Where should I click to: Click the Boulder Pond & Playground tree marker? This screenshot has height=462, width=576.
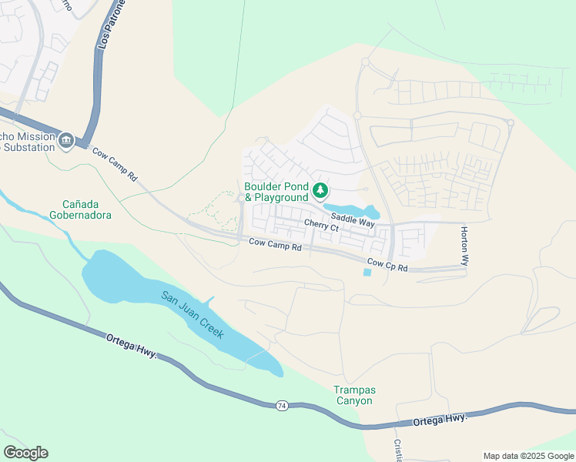click(x=320, y=190)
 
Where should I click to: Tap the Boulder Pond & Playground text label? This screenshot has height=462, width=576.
click(x=276, y=192)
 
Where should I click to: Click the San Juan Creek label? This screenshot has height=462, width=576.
click(x=192, y=315)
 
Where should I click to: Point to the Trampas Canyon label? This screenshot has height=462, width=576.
click(x=354, y=396)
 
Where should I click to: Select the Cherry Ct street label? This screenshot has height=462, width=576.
click(x=321, y=226)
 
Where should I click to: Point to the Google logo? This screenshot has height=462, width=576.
click(x=25, y=453)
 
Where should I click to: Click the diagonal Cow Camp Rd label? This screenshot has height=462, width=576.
click(x=115, y=164)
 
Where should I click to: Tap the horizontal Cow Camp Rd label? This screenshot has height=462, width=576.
click(x=275, y=246)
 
